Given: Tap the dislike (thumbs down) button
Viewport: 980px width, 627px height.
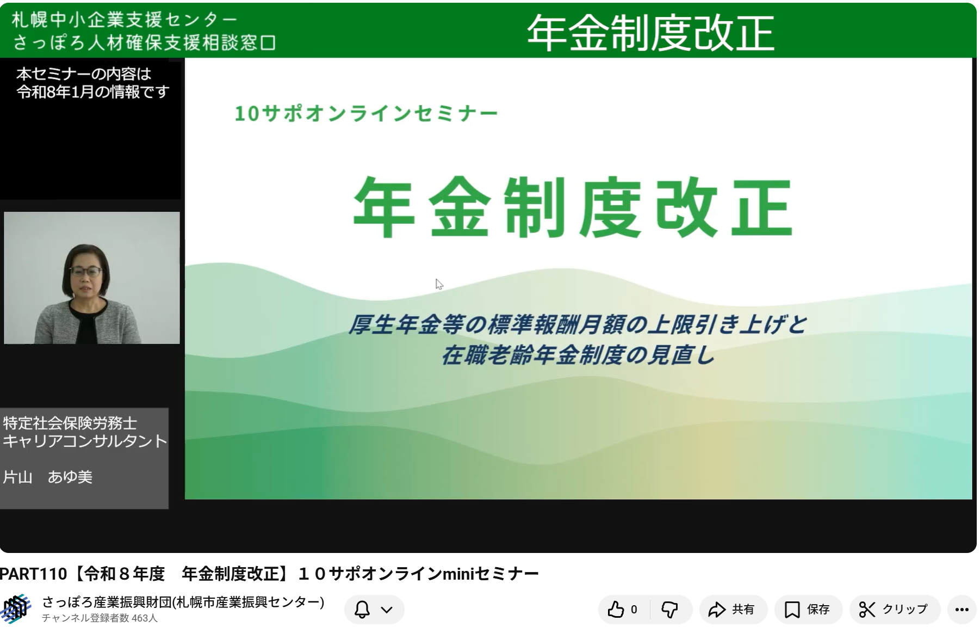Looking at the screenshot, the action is tap(670, 610).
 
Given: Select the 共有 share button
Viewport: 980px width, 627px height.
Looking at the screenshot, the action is tap(733, 610).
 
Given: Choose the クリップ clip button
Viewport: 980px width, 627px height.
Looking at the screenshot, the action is tap(894, 610).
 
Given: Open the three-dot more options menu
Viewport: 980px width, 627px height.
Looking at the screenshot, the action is tap(962, 610).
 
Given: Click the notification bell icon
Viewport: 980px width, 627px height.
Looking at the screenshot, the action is tap(362, 610).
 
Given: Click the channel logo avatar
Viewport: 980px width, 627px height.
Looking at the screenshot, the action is tap(16, 609).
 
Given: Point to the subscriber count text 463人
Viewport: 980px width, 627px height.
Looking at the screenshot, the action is tap(145, 618).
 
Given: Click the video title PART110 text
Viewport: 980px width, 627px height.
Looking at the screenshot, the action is tap(33, 574).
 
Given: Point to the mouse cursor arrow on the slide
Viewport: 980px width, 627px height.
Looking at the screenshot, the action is tap(439, 284).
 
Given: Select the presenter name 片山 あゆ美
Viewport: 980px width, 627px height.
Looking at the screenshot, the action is tap(48, 477).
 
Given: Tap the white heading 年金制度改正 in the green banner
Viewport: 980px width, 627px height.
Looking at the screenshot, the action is tap(650, 32).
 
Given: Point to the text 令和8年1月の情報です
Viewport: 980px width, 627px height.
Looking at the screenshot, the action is tap(93, 92).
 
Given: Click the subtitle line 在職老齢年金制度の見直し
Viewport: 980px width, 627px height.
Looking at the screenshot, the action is tap(578, 355).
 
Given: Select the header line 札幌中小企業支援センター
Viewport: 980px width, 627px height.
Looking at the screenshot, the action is tap(125, 20).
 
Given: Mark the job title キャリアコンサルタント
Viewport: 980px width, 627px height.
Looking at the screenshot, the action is tap(85, 441).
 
